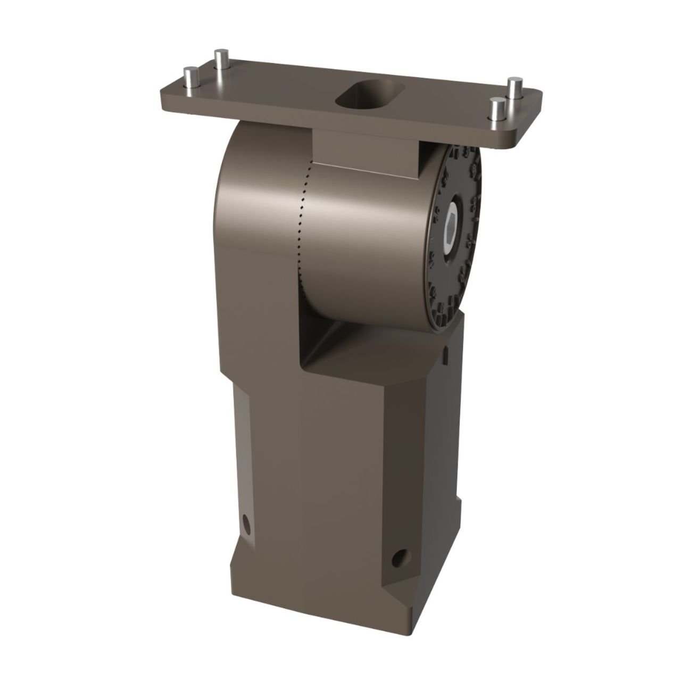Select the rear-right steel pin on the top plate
coord(514,88)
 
